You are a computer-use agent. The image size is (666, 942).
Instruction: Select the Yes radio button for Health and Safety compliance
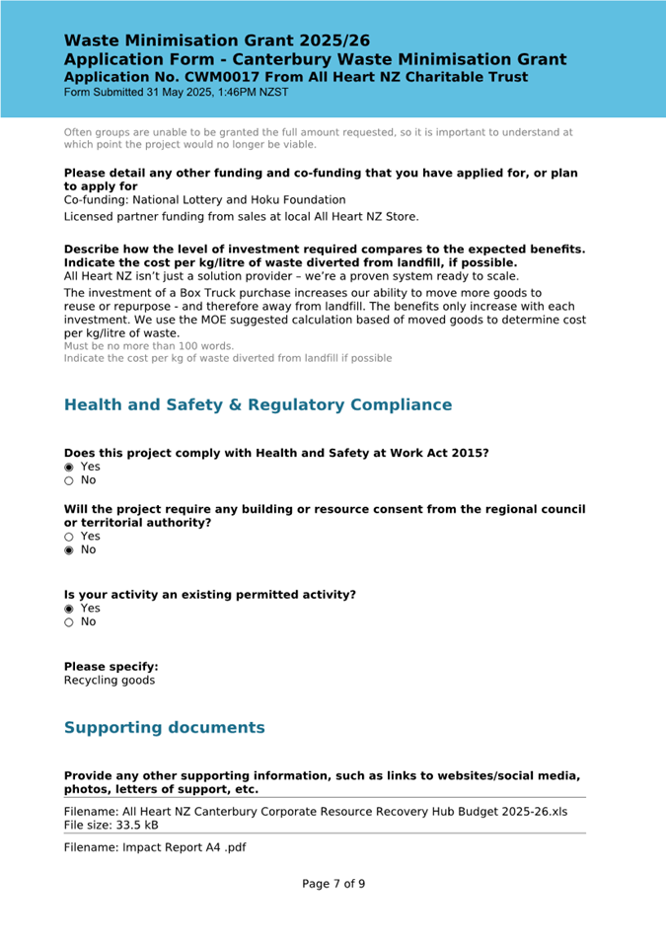click(69, 467)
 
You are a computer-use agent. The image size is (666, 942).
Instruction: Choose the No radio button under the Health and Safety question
click(69, 480)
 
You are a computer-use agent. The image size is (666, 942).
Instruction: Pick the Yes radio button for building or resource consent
click(69, 537)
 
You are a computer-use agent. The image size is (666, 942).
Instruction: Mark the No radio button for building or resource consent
click(69, 550)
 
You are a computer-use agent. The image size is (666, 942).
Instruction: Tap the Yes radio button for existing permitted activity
click(69, 609)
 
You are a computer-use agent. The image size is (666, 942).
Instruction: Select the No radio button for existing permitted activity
click(69, 622)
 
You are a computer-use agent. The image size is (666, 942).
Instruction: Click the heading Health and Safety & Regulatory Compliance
click(258, 405)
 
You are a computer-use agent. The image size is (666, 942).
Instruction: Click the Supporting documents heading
click(164, 728)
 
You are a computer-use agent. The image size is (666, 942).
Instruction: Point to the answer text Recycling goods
click(109, 681)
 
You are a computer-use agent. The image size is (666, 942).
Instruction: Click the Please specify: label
click(111, 667)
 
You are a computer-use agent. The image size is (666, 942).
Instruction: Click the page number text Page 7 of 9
click(333, 884)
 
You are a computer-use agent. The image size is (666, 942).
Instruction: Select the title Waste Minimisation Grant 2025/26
click(217, 41)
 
